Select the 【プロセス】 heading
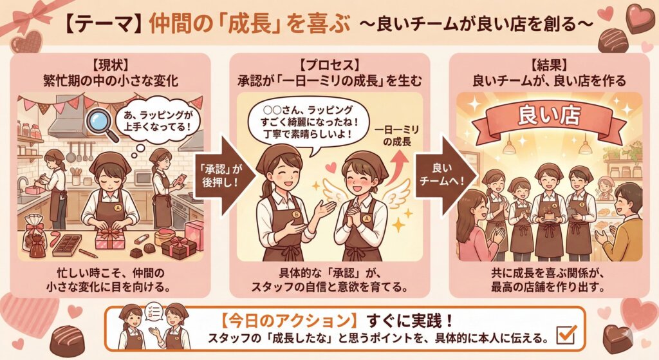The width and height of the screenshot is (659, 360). pos(329,64)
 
